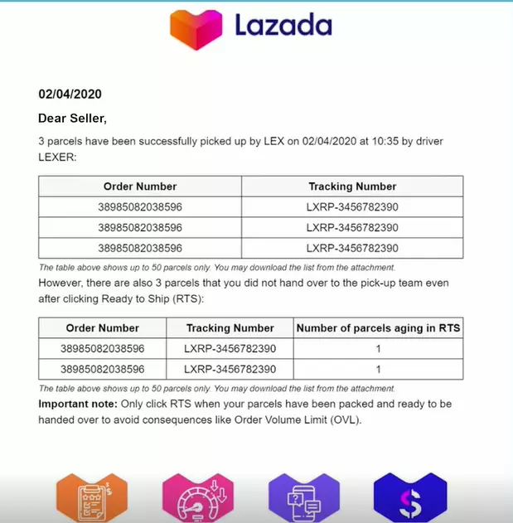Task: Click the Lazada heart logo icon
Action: pos(197,29)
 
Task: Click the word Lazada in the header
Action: pos(283,26)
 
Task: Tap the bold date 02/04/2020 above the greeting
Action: pos(70,94)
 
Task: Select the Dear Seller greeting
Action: pos(72,119)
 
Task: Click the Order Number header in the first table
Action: pos(140,186)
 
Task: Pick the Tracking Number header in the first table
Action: pos(352,186)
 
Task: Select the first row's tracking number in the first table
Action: pos(352,207)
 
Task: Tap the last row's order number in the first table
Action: pos(140,248)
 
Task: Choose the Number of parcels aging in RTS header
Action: pos(378,328)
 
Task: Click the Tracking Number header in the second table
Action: pos(230,328)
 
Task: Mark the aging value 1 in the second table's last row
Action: pos(378,369)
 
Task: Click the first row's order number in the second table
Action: pos(103,349)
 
